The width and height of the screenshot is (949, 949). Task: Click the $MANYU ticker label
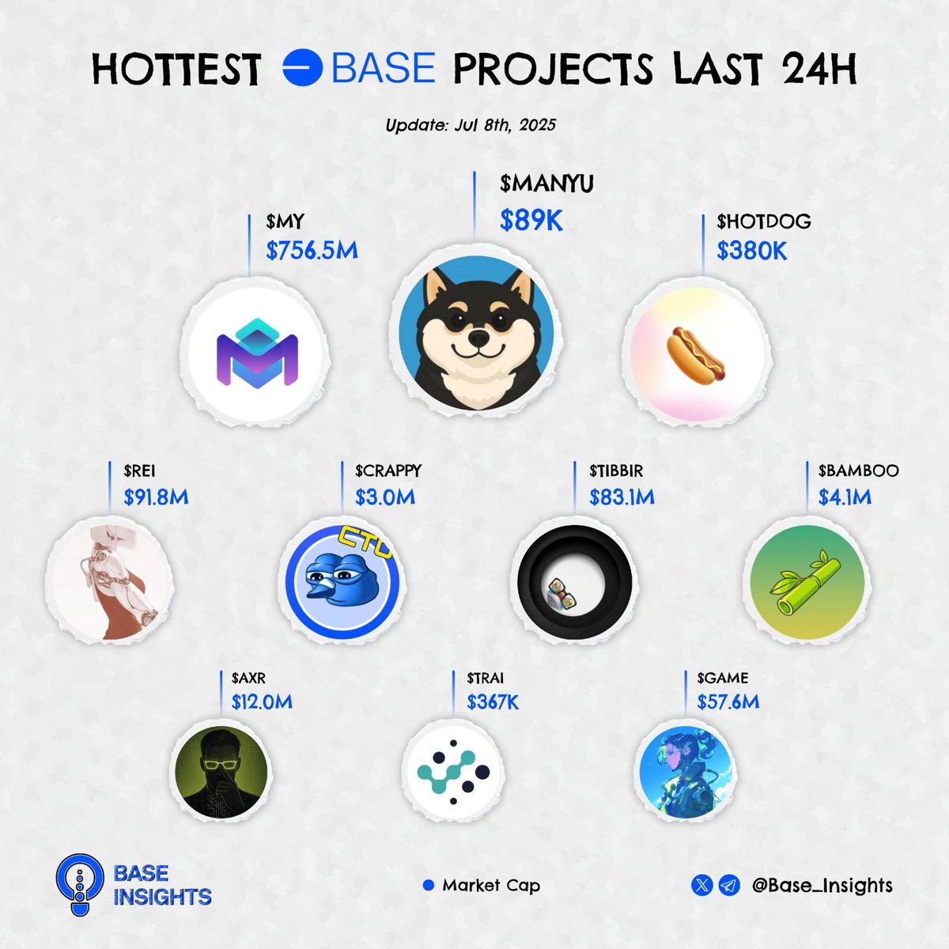pos(546,184)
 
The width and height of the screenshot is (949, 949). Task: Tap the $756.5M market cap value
pos(312,251)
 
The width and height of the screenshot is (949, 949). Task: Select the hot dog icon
pos(696,356)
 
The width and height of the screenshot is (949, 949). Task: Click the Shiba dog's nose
pos(477,338)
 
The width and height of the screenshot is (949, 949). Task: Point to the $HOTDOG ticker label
pos(764,222)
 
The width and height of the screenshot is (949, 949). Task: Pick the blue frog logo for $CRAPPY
pos(346,580)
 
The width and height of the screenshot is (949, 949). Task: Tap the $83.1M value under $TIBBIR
pos(622,497)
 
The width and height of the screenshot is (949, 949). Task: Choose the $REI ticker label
pos(139,471)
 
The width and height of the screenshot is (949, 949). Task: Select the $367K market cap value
pos(493,702)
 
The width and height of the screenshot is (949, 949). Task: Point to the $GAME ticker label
pos(723,678)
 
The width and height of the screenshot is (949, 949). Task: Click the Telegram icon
pos(729,885)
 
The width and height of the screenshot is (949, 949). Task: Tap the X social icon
pos(701,885)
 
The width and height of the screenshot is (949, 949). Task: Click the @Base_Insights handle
pos(822,886)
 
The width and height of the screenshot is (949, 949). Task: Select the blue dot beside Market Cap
pos(429,886)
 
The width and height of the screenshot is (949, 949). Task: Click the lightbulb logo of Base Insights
pos(80,884)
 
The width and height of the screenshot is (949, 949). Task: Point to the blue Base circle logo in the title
pos(302,68)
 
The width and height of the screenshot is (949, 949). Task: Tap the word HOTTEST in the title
pos(176,70)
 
